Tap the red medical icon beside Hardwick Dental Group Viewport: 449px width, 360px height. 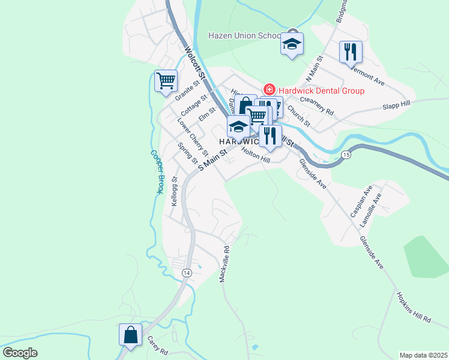click(270, 90)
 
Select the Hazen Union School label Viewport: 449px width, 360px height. click(245, 35)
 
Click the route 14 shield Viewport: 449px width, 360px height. click(186, 272)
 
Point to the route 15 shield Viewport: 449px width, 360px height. click(346, 155)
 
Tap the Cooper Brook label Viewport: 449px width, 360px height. click(156, 172)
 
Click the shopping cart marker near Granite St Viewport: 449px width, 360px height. click(165, 80)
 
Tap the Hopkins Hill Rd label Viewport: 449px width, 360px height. click(414, 308)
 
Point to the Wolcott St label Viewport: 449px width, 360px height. click(196, 64)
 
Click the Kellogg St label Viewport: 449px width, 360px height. click(174, 191)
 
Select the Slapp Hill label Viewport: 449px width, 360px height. click(397, 106)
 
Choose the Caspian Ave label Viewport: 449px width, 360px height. click(358, 205)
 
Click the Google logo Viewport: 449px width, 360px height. click(20, 353)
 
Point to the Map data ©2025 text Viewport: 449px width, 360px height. click(424, 355)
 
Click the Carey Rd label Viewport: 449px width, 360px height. click(157, 346)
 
